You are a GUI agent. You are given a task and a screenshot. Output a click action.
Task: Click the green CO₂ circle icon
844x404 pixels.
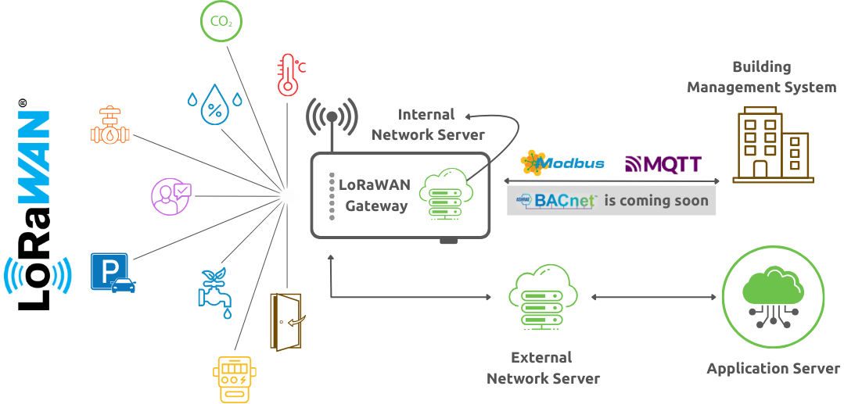pos(221,22)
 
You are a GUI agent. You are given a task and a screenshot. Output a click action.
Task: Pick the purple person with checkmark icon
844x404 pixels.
pos(171,195)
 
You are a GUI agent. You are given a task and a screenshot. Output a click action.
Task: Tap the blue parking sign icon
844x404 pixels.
pos(113,272)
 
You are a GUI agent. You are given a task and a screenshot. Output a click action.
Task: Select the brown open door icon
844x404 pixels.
pos(286,321)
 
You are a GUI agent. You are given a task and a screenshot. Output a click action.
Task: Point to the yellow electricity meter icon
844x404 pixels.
pos(234,379)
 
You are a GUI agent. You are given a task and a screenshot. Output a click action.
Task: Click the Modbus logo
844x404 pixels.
pos(562,163)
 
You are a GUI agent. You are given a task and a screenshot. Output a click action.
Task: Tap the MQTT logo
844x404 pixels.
pos(663,164)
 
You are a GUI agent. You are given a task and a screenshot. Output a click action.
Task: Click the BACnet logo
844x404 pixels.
pos(556,201)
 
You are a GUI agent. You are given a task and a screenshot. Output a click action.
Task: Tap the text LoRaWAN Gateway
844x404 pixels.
pos(374,195)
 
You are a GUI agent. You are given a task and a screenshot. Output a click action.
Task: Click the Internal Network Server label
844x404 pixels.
pos(428,125)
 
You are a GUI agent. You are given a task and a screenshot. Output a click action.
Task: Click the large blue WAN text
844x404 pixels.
pos(34,157)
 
